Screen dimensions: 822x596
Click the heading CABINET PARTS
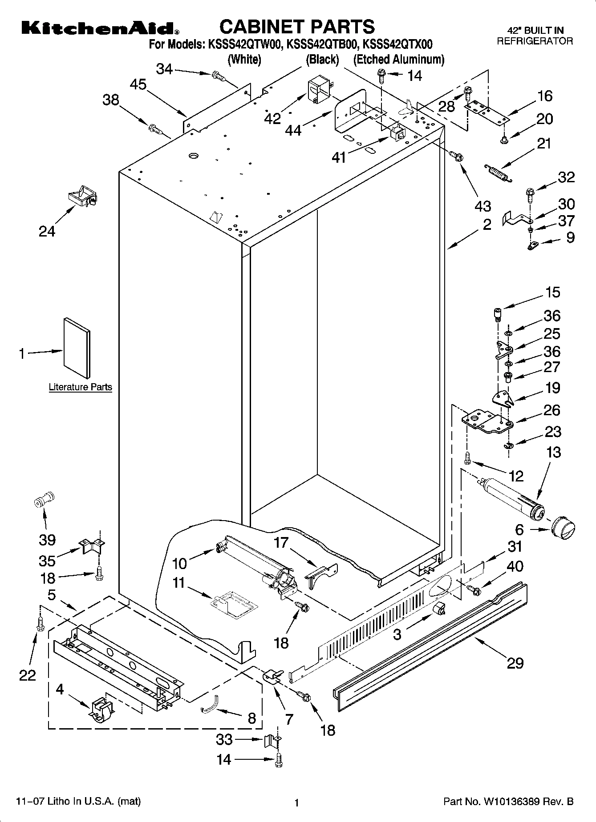pyautogui.click(x=297, y=27)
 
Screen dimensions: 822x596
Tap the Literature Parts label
pyautogui.click(x=80, y=387)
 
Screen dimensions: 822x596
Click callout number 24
pyautogui.click(x=47, y=231)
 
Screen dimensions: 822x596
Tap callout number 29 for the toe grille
pyautogui.click(x=515, y=663)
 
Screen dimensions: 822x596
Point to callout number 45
pyautogui.click(x=139, y=84)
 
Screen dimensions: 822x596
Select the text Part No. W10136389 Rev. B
pyautogui.click(x=508, y=802)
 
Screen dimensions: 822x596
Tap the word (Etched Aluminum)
pyautogui.click(x=399, y=59)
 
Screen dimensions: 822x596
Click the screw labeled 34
pyautogui.click(x=218, y=77)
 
